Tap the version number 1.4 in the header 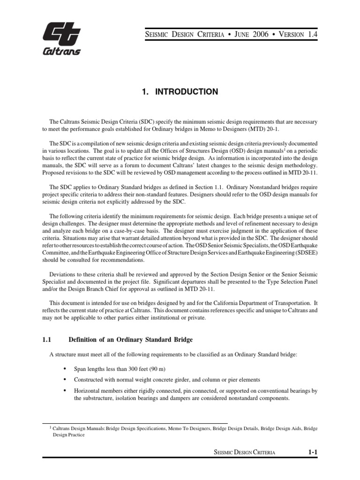coord(313,35)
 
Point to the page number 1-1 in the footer coord(313,452)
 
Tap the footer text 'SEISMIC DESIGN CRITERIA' coord(244,452)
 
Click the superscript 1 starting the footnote coord(51,427)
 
